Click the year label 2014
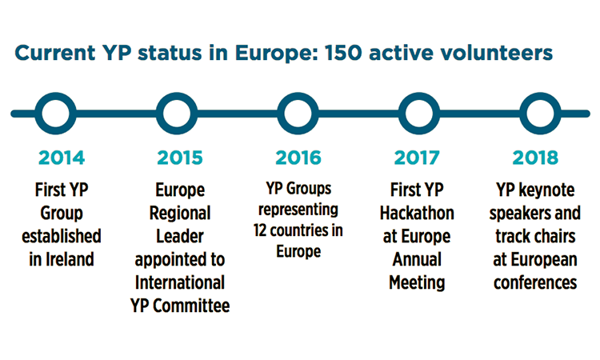[x=62, y=158]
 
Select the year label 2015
[x=180, y=158]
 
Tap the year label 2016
[x=298, y=158]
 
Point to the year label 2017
[x=417, y=158]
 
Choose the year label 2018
[x=535, y=158]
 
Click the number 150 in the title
[x=343, y=53]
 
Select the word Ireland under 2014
[x=70, y=259]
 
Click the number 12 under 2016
[x=260, y=230]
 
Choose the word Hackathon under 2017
[x=417, y=213]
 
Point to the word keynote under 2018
[x=546, y=190]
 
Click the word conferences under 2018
[x=535, y=282]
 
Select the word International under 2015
[x=180, y=282]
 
